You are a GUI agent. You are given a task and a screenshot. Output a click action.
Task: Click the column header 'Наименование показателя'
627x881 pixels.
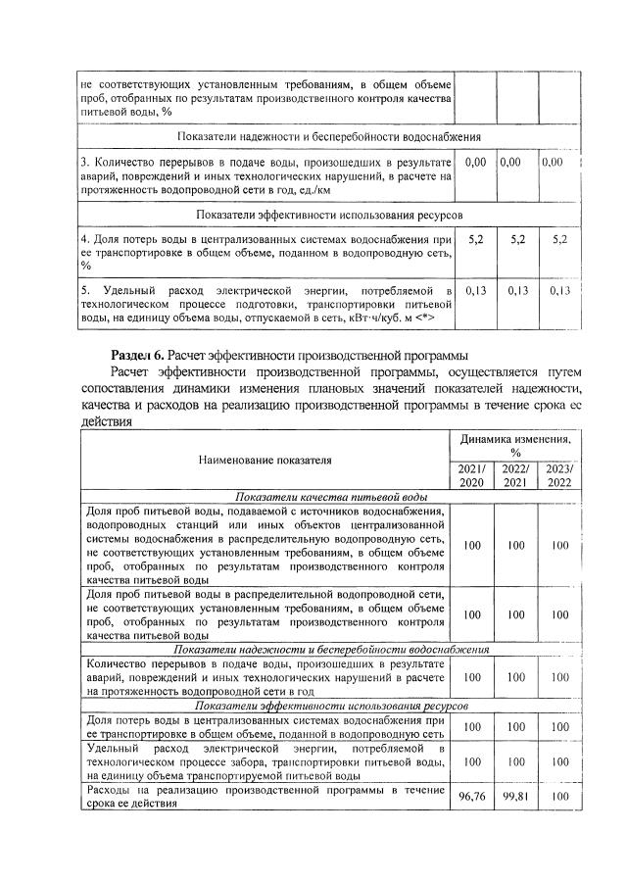265,459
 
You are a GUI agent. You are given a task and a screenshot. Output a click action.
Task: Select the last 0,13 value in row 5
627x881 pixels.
560,290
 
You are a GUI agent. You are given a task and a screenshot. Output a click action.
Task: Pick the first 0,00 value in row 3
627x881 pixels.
475,161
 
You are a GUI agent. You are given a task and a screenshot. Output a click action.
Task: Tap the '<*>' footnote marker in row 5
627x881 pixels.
422,318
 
